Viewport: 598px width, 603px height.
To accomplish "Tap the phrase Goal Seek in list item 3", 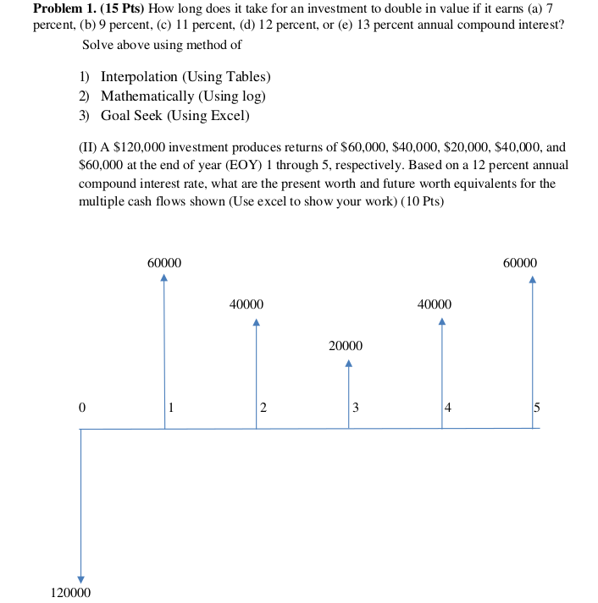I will pos(132,116).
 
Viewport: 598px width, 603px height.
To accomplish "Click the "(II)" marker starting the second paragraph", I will pos(88,147).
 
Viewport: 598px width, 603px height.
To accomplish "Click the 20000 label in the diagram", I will pos(346,347).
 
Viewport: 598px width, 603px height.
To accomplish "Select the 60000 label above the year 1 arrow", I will pos(163,263).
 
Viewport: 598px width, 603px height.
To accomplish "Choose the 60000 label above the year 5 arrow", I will pos(519,263).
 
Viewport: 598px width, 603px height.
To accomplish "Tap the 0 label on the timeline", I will pos(81,408).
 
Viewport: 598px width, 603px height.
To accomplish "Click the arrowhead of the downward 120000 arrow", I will pos(80,578).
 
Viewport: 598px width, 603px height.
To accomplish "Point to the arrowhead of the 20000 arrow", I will pos(348,365).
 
